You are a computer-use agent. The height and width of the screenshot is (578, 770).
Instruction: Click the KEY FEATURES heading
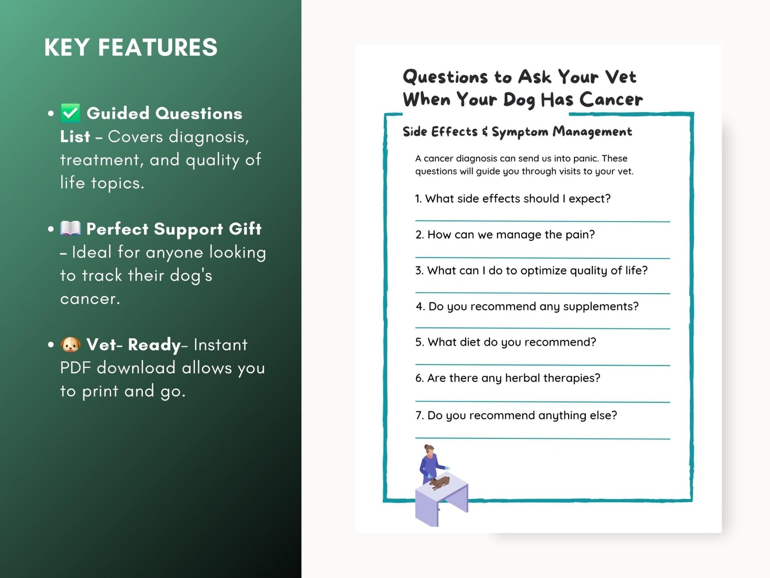(131, 48)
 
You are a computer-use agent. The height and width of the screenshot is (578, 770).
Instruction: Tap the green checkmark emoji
(70, 113)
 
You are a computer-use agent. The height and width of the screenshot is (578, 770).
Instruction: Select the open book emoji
(70, 228)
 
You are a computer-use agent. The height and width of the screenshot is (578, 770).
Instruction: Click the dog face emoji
(70, 344)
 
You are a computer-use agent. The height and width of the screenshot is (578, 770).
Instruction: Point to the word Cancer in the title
(611, 100)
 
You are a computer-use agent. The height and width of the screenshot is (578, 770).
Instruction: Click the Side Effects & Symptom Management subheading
(517, 132)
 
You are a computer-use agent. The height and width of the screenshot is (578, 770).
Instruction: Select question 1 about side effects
(512, 199)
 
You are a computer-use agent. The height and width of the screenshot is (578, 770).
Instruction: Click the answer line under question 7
(542, 438)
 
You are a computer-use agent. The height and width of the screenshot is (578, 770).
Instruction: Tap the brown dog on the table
(440, 483)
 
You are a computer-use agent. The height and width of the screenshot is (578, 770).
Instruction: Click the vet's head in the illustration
(429, 449)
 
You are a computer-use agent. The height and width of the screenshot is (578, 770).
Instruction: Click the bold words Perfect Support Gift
(174, 229)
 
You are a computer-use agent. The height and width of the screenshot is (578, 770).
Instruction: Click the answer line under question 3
(542, 293)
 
